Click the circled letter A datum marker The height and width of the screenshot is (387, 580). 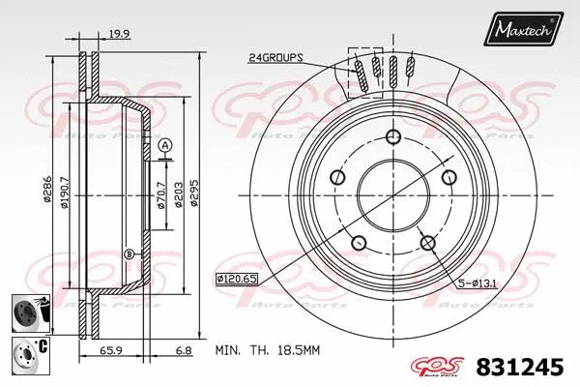164,145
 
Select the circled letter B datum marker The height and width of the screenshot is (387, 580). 128,253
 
